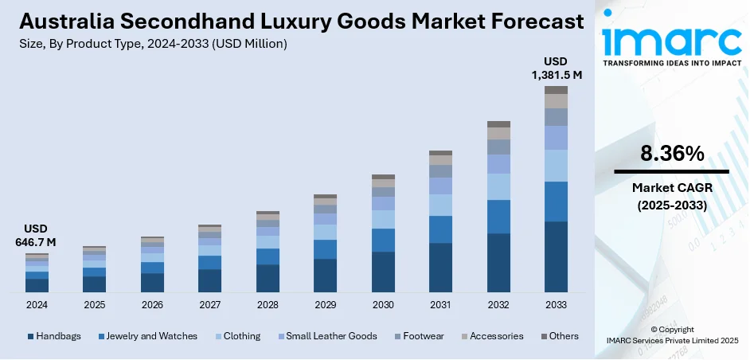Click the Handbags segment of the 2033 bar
(x=556, y=256)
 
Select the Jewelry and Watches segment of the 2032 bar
(x=498, y=216)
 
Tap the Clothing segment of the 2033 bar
(x=556, y=166)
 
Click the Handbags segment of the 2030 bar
(x=383, y=272)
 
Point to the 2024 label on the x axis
(x=37, y=305)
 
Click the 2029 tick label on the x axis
(x=325, y=305)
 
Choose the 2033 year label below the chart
(x=556, y=305)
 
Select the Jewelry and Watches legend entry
(x=147, y=336)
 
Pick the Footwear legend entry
(x=423, y=336)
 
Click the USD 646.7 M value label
(x=37, y=236)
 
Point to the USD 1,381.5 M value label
(x=556, y=68)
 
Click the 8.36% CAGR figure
(x=671, y=154)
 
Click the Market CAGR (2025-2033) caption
(x=671, y=195)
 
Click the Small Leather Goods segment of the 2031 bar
(x=440, y=186)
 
